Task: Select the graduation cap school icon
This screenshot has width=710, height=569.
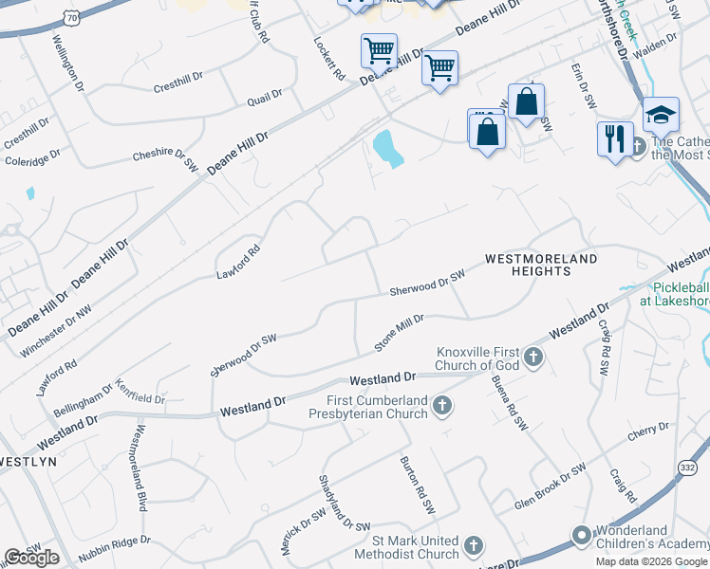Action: click(661, 116)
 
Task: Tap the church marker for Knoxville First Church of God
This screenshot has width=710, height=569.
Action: click(533, 358)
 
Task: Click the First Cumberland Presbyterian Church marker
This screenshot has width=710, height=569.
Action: click(440, 407)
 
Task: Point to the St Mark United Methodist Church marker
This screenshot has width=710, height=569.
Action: click(474, 546)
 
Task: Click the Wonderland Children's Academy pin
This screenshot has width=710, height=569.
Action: click(581, 538)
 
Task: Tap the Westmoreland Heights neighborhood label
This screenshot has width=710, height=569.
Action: click(541, 264)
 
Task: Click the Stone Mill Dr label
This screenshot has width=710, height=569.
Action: click(399, 332)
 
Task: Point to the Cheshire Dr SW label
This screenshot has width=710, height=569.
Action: click(164, 158)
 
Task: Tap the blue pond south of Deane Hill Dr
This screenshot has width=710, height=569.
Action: click(387, 148)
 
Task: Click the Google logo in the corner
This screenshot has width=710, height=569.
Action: click(31, 558)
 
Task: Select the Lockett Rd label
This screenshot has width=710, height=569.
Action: click(328, 59)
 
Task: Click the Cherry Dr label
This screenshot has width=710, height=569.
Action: click(648, 433)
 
